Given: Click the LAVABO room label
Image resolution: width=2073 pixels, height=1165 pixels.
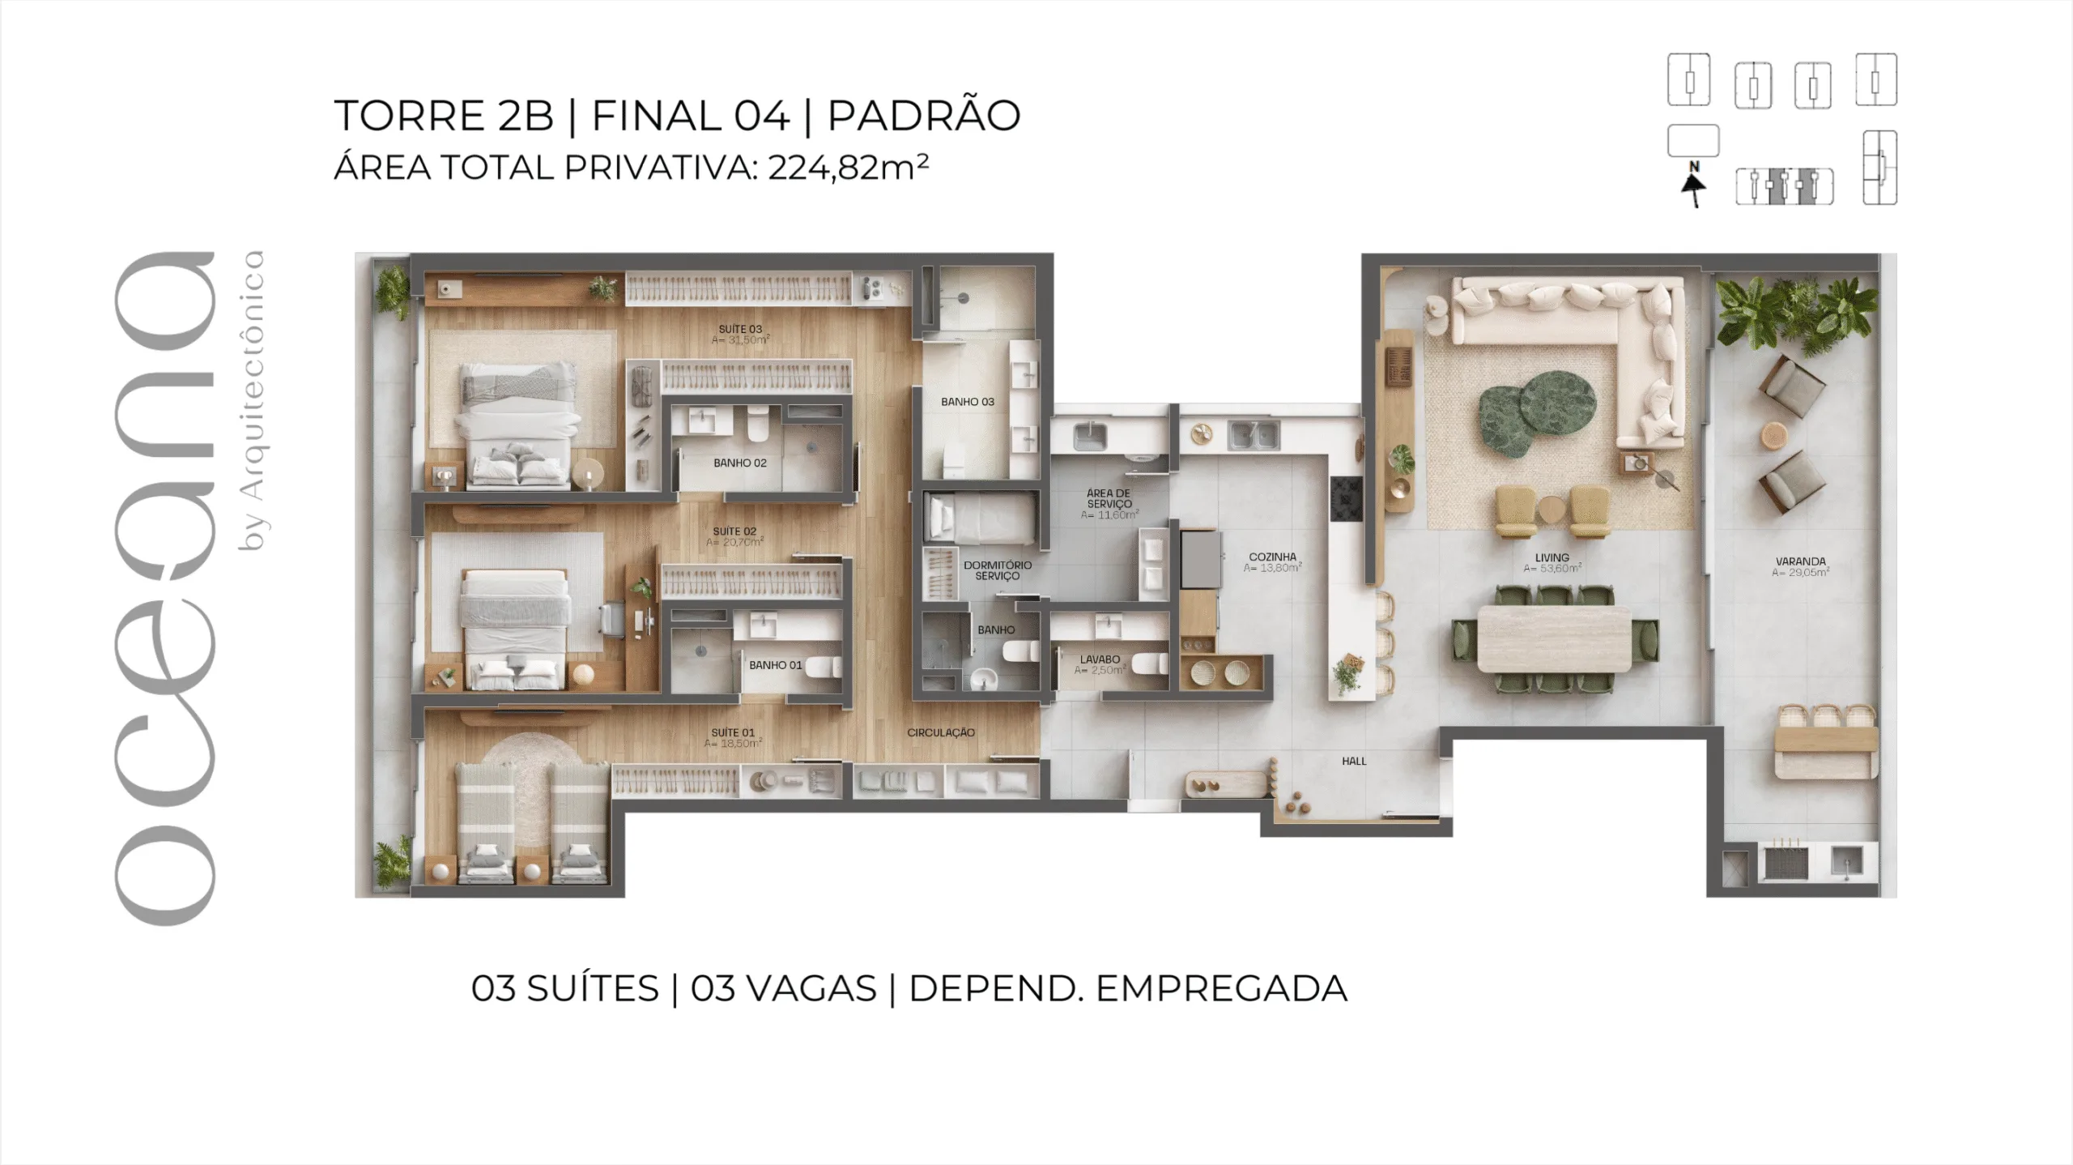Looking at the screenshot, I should click(1100, 659).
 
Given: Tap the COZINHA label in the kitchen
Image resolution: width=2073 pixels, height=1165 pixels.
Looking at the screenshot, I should click(1272, 557).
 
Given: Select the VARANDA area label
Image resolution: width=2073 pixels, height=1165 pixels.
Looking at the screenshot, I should click(1800, 561).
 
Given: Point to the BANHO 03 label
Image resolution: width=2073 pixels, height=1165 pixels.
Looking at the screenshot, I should click(967, 402).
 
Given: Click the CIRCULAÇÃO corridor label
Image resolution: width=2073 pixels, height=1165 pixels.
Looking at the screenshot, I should click(940, 732).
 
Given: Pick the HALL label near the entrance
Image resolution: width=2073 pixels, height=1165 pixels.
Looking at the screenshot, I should click(1353, 762).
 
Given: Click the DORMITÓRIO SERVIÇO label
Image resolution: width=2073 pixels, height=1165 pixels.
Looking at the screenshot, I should click(997, 570).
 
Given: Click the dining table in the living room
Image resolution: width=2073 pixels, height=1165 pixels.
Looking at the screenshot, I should click(1554, 638).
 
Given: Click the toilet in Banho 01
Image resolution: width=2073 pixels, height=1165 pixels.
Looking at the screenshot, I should click(824, 667).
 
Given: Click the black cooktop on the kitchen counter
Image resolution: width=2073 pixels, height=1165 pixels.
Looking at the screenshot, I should click(1346, 499).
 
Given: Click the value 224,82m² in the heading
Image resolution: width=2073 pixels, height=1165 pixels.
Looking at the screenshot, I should click(847, 168).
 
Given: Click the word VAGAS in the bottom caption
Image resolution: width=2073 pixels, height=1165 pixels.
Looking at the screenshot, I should click(783, 988).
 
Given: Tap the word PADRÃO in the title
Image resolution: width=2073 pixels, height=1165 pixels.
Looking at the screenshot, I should click(923, 116).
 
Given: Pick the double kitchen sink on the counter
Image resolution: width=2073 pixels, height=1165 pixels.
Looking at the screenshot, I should click(1254, 436).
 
